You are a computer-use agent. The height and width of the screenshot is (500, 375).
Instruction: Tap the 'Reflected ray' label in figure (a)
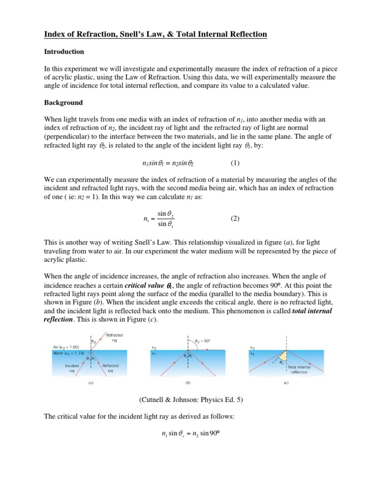110,368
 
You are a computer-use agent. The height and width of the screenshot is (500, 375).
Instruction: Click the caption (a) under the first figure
91,384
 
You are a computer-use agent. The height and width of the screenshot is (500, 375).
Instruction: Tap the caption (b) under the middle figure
187,384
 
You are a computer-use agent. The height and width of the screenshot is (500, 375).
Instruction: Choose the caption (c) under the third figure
286,384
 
